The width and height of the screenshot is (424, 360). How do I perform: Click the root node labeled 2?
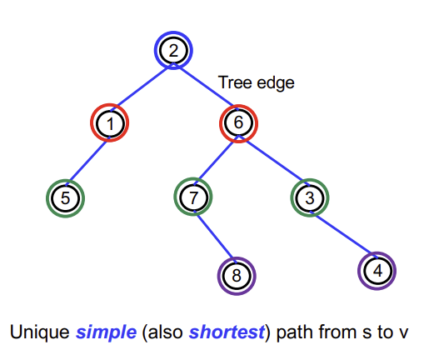click(173, 51)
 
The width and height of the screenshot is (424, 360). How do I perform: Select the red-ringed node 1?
click(110, 122)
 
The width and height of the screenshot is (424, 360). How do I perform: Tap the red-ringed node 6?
click(238, 123)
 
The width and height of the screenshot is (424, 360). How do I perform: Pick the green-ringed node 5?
click(65, 198)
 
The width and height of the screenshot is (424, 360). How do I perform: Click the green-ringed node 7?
click(193, 197)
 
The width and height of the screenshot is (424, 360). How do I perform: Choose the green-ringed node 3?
click(310, 197)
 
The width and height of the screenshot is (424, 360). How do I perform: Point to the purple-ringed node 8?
click(237, 276)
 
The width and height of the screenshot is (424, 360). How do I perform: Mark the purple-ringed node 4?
click(377, 271)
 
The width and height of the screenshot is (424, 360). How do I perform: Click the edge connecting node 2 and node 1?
click(142, 87)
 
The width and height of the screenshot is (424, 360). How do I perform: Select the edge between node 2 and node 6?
click(206, 87)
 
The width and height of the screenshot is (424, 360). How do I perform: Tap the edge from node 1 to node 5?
click(87, 161)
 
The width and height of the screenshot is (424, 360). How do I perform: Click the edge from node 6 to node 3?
click(274, 160)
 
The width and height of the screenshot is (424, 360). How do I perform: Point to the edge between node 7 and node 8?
click(216, 237)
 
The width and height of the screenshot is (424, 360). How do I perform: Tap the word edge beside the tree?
click(276, 83)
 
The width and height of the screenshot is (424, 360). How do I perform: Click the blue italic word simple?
click(107, 332)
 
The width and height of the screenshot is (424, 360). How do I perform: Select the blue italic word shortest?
click(227, 332)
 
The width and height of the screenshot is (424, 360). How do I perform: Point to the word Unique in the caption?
click(40, 332)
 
